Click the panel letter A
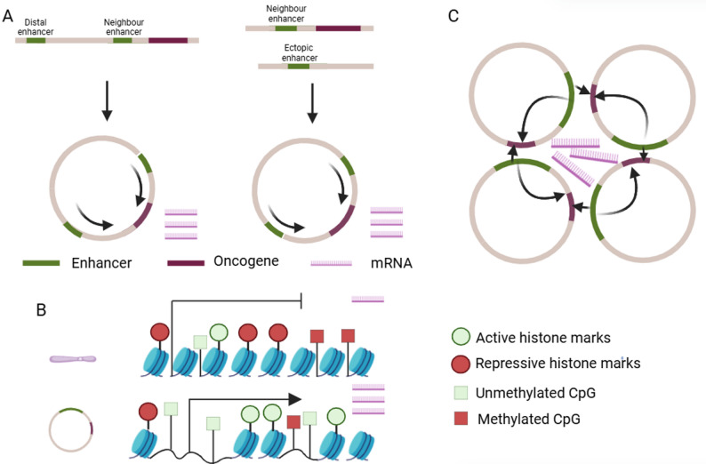pos(8,16)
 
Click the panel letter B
pos(42,310)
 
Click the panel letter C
pos(453,16)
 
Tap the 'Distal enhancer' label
pos(36,27)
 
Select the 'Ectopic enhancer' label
pos(299,52)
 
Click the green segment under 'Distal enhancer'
pos(36,41)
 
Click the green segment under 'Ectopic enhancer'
pos(299,67)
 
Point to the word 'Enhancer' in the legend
pos(101,263)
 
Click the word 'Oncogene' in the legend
pos(246,261)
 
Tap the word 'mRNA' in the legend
pos(391,263)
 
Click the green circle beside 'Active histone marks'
pos(461,337)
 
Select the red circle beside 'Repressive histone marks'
pos(461,364)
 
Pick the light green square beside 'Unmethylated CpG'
pos(461,392)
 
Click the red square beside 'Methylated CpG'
pos(461,419)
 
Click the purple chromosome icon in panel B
pos(73,359)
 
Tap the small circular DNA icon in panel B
pos(71,430)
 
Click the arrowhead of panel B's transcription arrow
pos(295,399)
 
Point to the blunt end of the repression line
pos(301,300)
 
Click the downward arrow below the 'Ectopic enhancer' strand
pos(312,103)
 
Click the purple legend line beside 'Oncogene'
pos(186,263)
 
